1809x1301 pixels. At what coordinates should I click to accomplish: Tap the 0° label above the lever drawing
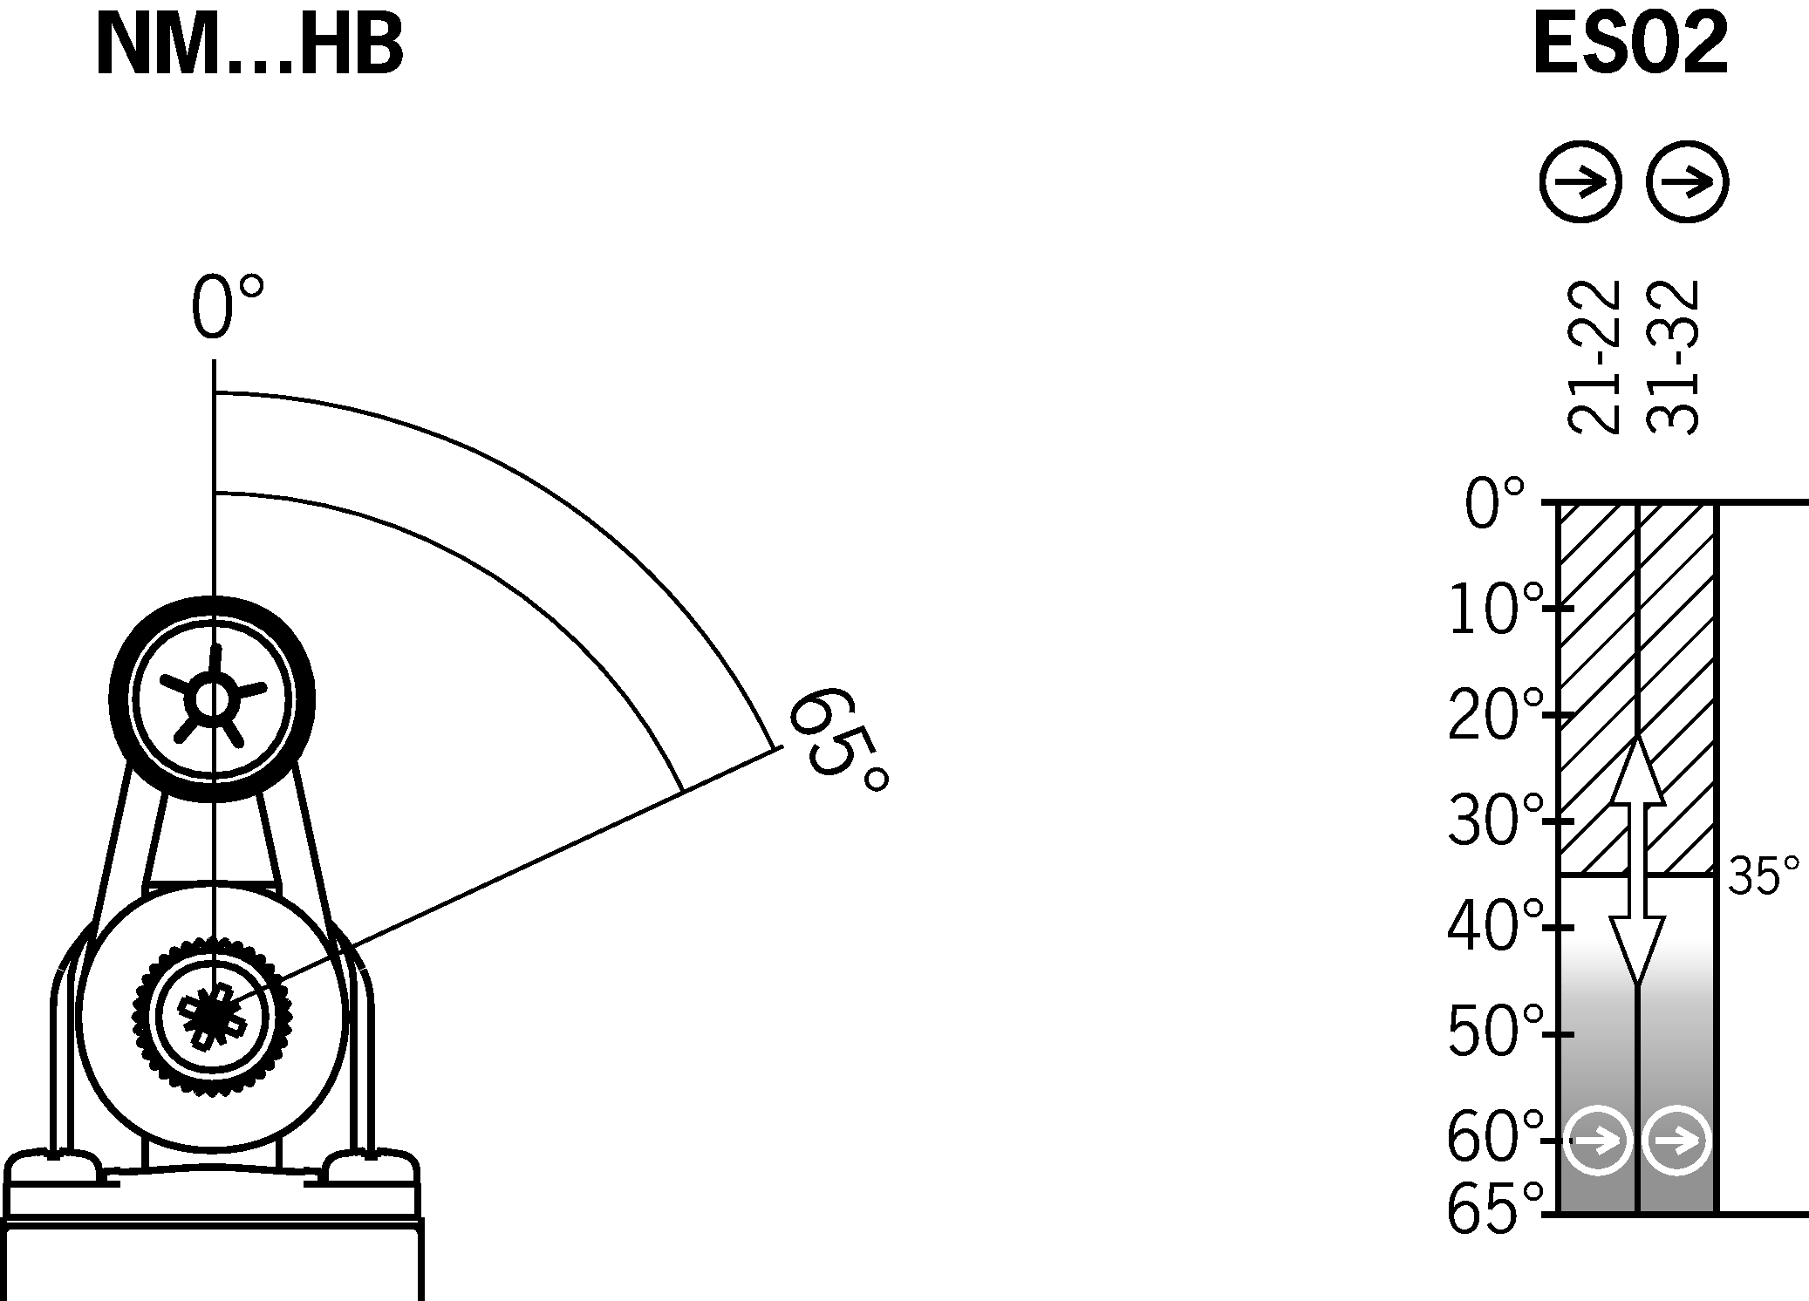pyautogui.click(x=225, y=308)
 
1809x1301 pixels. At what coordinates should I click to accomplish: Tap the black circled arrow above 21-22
pyautogui.click(x=1580, y=183)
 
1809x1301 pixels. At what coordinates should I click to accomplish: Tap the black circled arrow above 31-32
pyautogui.click(x=1687, y=183)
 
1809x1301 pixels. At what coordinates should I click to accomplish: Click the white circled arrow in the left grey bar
pyautogui.click(x=1597, y=1140)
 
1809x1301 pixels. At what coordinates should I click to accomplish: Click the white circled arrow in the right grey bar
pyautogui.click(x=1676, y=1140)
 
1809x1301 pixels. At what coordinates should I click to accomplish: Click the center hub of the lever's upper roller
pyautogui.click(x=212, y=698)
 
